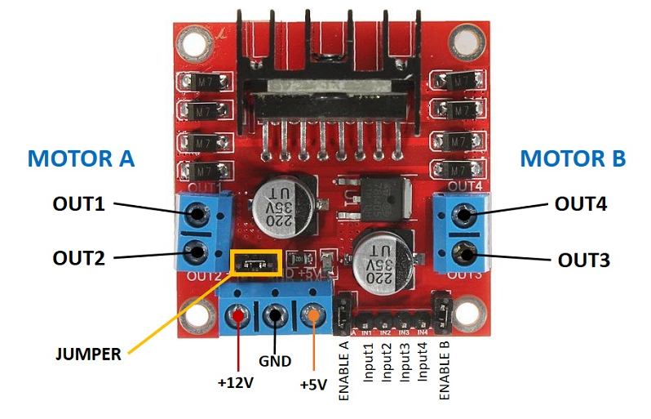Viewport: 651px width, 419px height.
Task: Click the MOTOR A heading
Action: (81, 158)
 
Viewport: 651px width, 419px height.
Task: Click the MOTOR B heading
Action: (573, 158)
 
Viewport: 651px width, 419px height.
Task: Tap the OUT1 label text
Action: (79, 203)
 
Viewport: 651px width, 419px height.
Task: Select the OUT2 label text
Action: (79, 258)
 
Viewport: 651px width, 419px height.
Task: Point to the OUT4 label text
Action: (581, 203)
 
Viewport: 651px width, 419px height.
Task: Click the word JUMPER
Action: (88, 354)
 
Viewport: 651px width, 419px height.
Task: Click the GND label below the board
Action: (275, 360)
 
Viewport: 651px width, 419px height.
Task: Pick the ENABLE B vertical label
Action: (445, 370)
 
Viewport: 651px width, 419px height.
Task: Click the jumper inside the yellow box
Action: (255, 262)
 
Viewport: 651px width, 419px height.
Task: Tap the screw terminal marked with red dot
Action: (238, 315)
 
